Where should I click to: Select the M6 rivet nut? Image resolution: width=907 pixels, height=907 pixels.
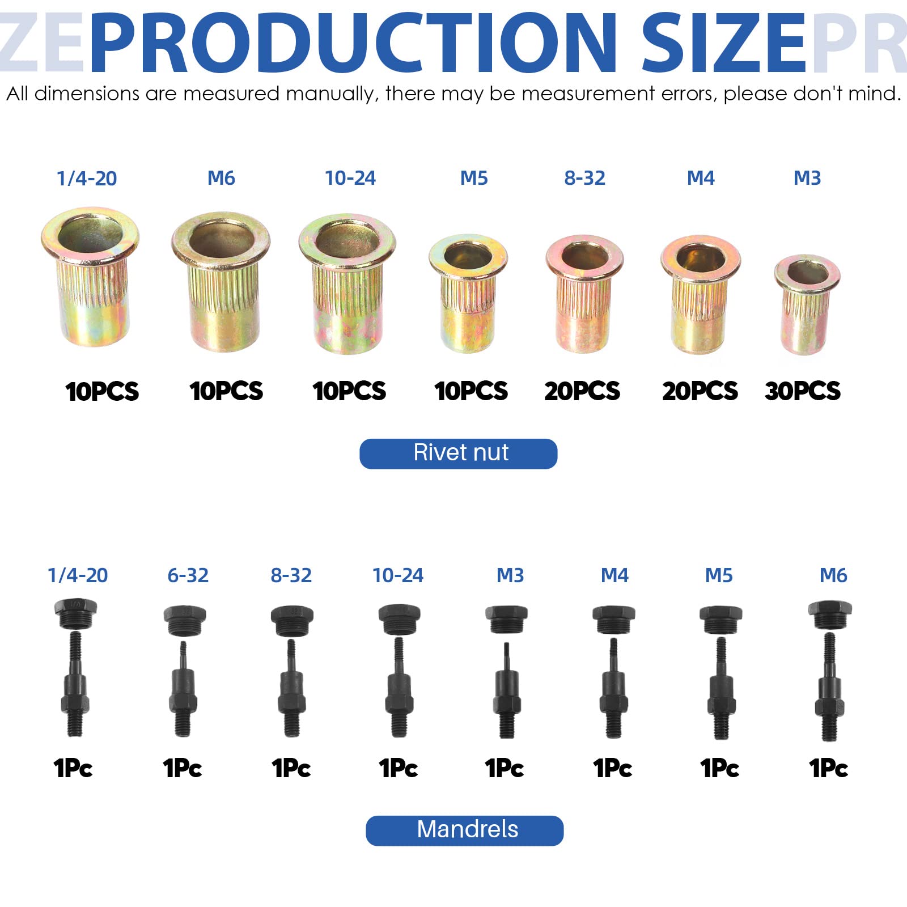(221, 281)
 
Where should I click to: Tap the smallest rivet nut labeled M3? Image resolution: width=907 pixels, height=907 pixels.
(807, 304)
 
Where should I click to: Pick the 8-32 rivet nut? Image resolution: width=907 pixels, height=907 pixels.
(584, 293)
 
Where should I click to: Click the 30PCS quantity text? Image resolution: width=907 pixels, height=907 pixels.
(802, 391)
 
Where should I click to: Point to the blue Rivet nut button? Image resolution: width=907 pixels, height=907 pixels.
(459, 453)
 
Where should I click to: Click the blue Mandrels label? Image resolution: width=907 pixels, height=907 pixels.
(465, 830)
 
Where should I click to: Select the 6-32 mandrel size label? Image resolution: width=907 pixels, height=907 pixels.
(188, 575)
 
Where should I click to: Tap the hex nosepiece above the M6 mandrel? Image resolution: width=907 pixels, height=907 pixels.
(830, 615)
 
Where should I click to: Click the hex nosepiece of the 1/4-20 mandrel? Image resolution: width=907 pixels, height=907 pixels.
(76, 613)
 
